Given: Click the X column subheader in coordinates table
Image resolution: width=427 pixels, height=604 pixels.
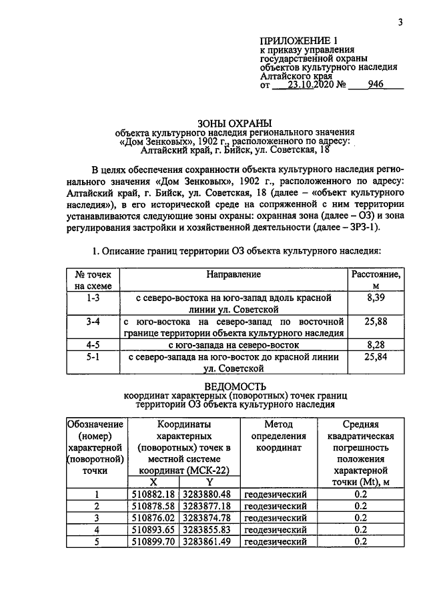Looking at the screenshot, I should pyautogui.click(x=153, y=482).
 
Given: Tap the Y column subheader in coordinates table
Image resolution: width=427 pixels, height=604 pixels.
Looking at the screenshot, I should pyautogui.click(x=209, y=482).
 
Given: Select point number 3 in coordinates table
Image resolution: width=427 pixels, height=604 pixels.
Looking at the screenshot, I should pyautogui.click(x=96, y=518).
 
